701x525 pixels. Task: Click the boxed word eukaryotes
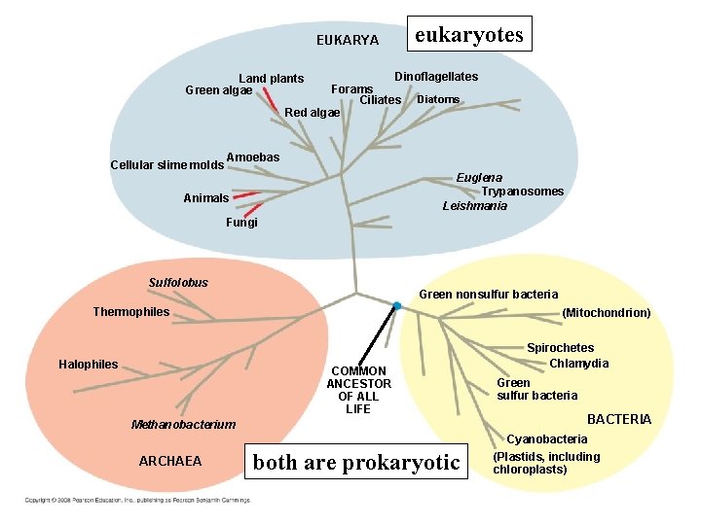pyautogui.click(x=469, y=35)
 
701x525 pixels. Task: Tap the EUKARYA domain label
pyautogui.click(x=348, y=40)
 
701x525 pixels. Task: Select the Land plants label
pyautogui.click(x=272, y=78)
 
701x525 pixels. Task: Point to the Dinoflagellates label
pyautogui.click(x=436, y=76)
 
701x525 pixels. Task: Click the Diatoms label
pyautogui.click(x=438, y=99)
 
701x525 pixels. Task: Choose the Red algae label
pyautogui.click(x=312, y=112)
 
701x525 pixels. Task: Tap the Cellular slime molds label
pyautogui.click(x=167, y=164)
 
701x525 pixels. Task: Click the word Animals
pyautogui.click(x=206, y=198)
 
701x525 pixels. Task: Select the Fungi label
pyautogui.click(x=242, y=223)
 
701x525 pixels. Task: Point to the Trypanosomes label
pyautogui.click(x=523, y=192)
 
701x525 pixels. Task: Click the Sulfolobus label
pyautogui.click(x=178, y=283)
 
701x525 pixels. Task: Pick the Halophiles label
pyautogui.click(x=89, y=365)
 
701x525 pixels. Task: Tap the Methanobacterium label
pyautogui.click(x=183, y=424)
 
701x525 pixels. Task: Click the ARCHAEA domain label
pyautogui.click(x=170, y=461)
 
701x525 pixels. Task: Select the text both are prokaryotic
pyautogui.click(x=355, y=463)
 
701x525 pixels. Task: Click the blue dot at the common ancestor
pyautogui.click(x=397, y=306)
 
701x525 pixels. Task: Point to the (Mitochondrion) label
pyautogui.click(x=607, y=313)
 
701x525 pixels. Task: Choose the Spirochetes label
pyautogui.click(x=560, y=347)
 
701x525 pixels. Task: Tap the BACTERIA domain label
pyautogui.click(x=618, y=419)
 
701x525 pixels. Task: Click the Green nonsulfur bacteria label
pyautogui.click(x=488, y=294)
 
